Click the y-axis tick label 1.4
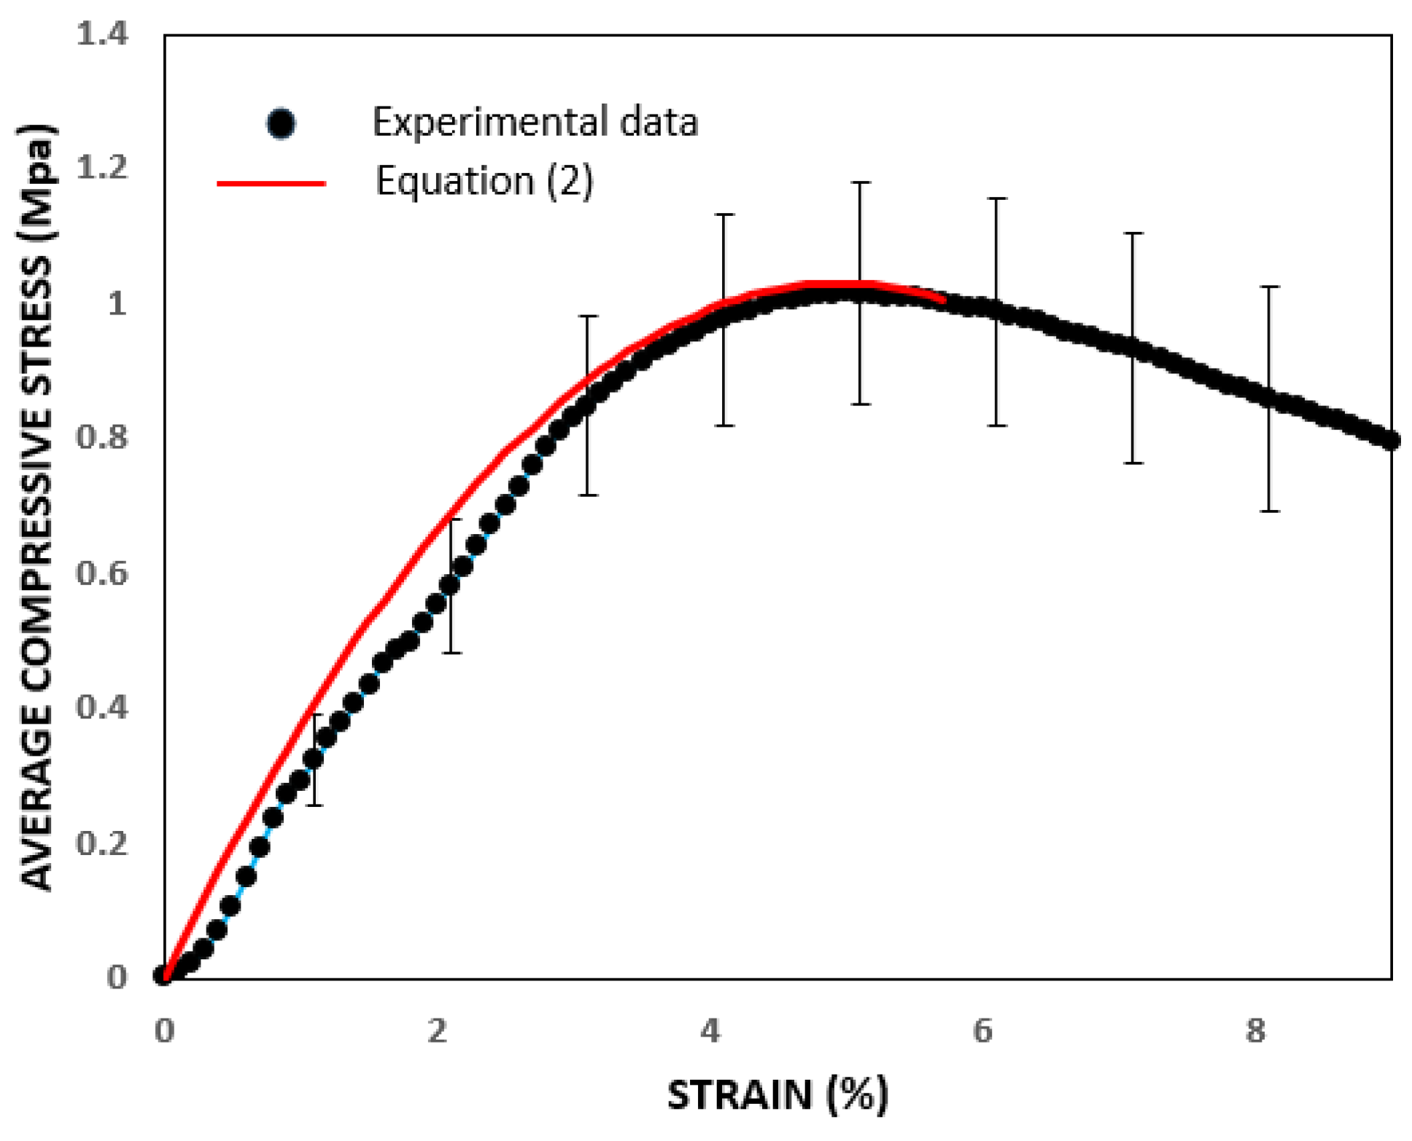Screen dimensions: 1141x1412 (102, 34)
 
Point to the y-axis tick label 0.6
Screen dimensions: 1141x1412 (102, 573)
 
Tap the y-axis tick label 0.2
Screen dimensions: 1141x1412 (102, 843)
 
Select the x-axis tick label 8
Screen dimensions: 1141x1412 (1254, 1031)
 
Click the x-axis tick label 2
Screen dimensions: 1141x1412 (437, 1031)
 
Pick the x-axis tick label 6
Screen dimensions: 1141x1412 (982, 1031)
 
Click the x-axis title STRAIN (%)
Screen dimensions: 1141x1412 (777, 1095)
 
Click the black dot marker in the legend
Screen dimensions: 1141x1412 (281, 123)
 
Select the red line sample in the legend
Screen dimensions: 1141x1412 (271, 183)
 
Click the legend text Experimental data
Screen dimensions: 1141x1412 (535, 122)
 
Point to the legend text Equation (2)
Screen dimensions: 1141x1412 (484, 180)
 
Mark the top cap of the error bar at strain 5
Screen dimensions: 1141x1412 (861, 182)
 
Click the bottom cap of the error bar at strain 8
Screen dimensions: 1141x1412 (1270, 511)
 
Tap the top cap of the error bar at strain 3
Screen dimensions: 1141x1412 (588, 316)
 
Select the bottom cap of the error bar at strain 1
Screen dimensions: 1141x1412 (314, 805)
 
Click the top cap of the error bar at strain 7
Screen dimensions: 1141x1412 (1133, 233)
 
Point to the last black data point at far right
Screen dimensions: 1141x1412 (1390, 441)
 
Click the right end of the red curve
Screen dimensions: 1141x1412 (944, 298)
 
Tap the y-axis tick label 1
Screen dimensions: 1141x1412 (117, 303)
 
